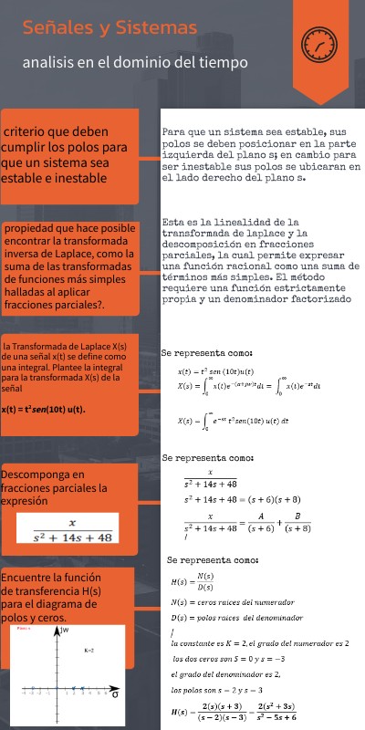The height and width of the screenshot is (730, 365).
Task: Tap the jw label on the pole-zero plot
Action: (66, 631)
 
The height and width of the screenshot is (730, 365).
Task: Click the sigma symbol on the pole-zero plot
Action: (114, 694)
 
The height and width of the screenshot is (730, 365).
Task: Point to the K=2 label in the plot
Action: (89, 651)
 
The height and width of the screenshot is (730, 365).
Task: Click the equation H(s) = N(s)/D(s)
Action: (193, 580)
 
